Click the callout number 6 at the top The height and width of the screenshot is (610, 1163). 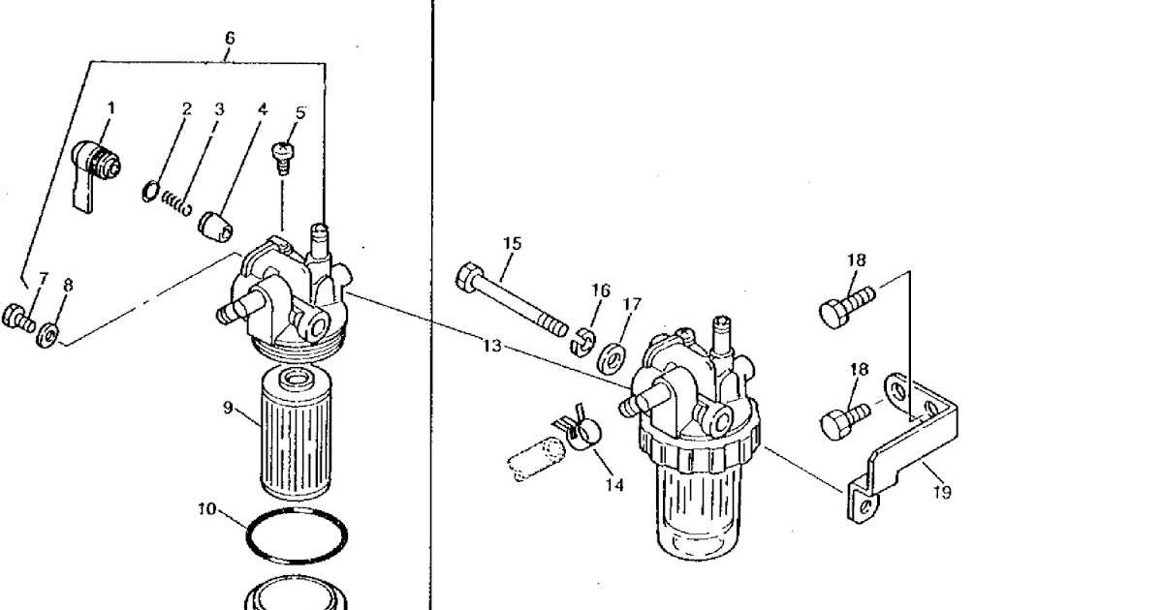230,38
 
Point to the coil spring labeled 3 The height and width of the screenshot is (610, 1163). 175,201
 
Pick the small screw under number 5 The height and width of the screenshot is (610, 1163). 284,157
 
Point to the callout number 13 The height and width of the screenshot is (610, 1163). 491,346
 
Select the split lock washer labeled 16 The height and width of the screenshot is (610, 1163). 581,338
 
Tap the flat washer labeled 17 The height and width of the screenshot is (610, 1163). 611,354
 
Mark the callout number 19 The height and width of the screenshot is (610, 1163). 941,493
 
